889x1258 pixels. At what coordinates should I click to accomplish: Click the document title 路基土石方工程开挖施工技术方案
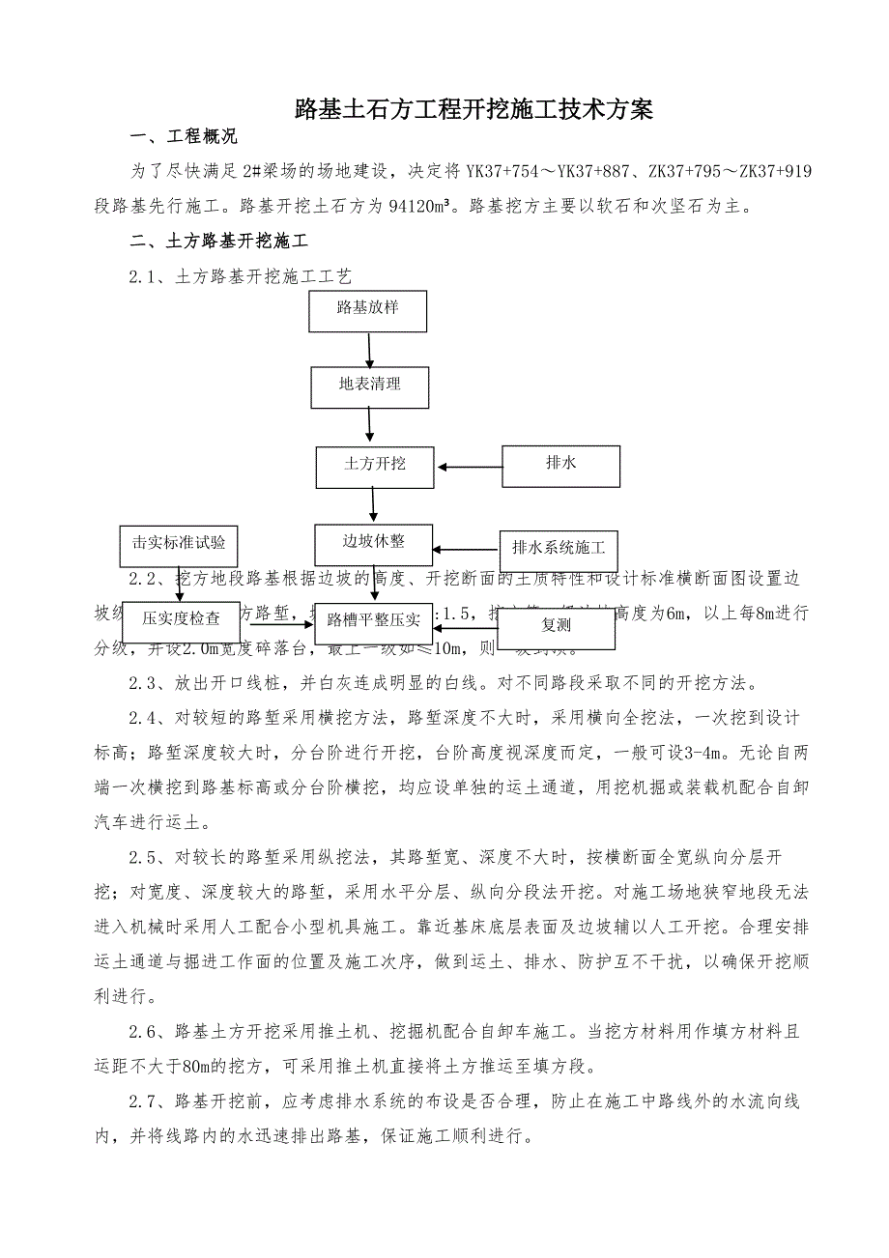473,110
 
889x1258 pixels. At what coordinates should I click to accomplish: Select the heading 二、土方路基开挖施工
224,239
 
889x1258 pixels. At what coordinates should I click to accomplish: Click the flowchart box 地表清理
369,385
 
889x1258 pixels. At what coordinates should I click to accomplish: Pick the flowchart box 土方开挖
375,465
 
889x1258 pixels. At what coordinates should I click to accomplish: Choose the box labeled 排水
560,465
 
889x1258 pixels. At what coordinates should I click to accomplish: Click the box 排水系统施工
559,548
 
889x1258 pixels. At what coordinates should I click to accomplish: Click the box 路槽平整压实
373,619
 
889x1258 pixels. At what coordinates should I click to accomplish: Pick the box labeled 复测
556,626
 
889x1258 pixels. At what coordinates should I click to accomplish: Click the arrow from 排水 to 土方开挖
470,468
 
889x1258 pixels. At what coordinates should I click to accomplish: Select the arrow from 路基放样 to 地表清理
368,349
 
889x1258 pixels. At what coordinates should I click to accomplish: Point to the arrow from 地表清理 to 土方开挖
370,424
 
